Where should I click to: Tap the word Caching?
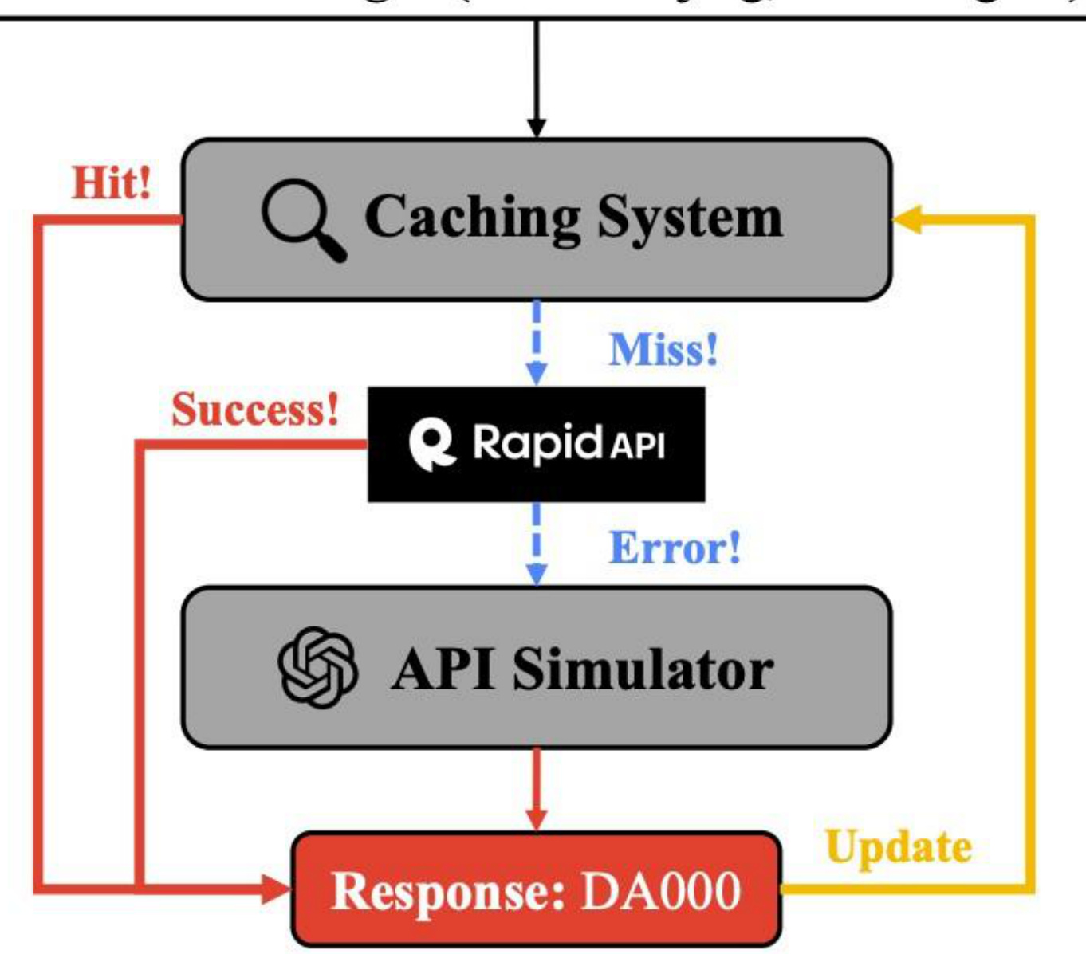[473, 218]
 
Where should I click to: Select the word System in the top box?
[690, 217]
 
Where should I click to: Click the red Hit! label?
[112, 183]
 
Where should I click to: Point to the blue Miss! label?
[663, 349]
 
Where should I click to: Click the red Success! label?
[255, 409]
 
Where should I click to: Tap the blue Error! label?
[675, 548]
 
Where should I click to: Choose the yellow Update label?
[899, 846]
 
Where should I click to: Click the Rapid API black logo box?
[536, 444]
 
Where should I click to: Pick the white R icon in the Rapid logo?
[431, 444]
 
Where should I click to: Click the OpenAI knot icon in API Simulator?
[317, 667]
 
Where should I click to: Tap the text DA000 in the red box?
[660, 890]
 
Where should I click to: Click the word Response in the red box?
[447, 890]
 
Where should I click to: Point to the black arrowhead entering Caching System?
[537, 128]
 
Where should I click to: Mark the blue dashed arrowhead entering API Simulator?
[537, 574]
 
